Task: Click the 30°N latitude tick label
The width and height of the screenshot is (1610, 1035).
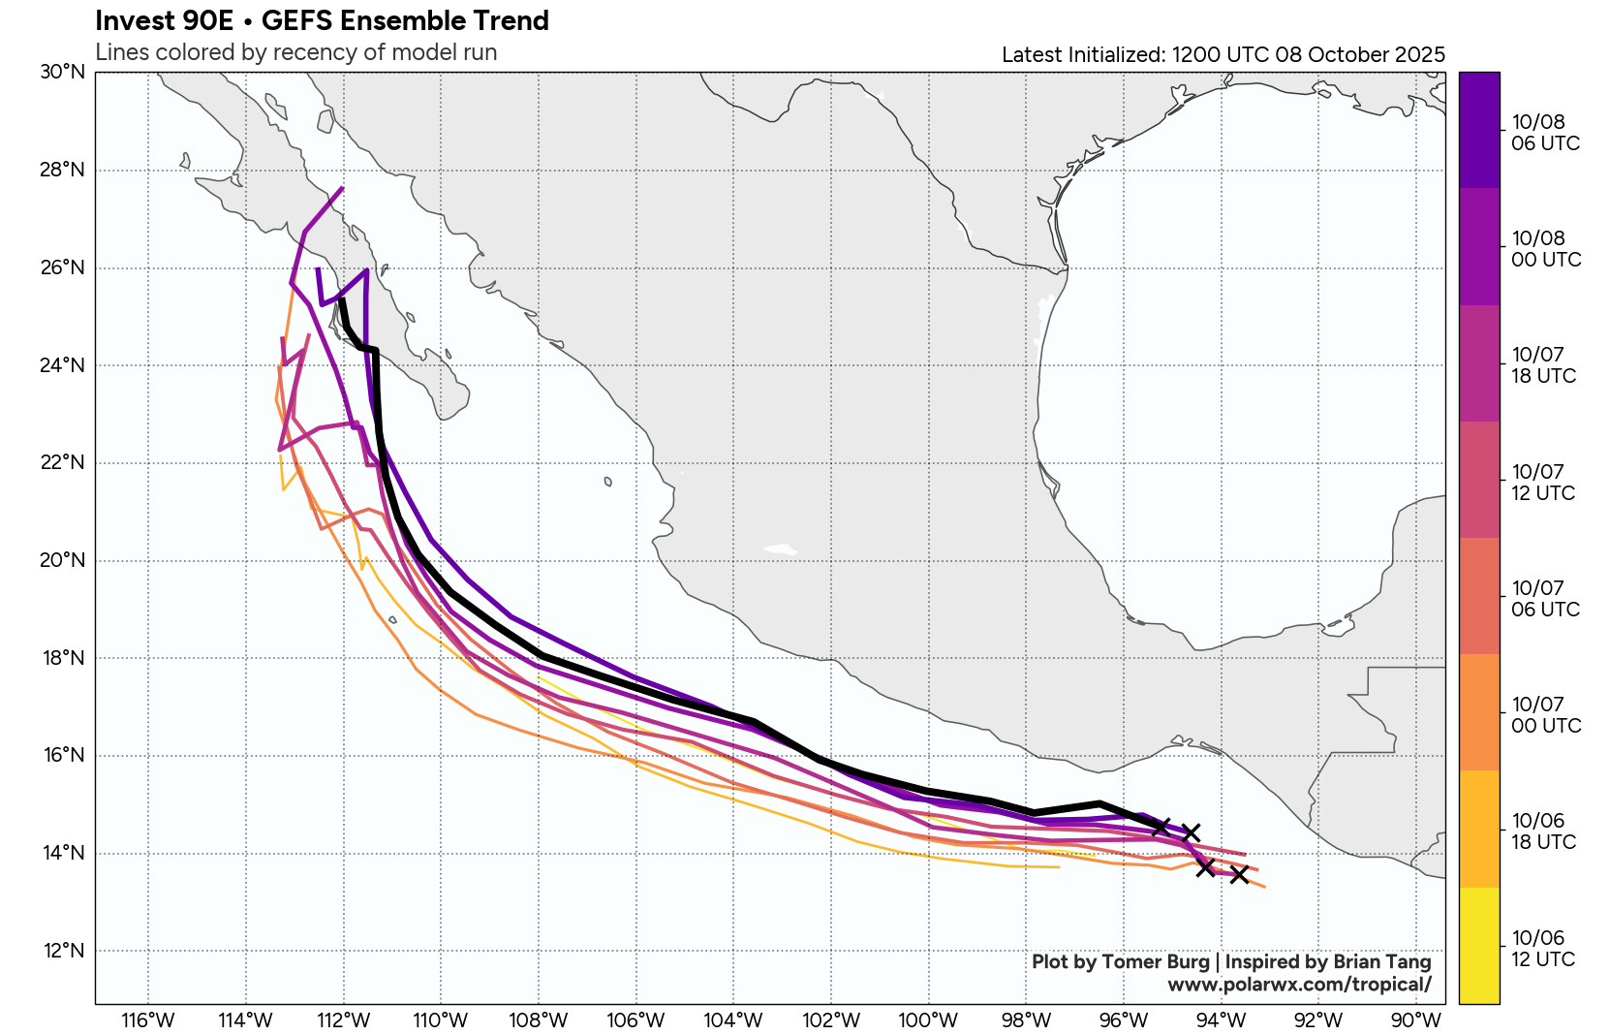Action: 63,73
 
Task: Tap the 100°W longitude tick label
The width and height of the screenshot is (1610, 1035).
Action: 928,1019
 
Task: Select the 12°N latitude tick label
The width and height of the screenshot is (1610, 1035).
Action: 63,951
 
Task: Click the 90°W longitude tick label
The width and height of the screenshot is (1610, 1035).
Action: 1416,1019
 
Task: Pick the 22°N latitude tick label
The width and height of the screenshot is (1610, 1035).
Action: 63,462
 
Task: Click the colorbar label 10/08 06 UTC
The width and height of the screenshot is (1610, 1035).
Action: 1545,133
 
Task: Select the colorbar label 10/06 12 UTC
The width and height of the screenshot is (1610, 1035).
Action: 1543,949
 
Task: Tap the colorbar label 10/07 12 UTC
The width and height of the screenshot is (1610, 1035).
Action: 1543,483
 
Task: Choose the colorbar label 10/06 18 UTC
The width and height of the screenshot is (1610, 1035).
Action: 1543,831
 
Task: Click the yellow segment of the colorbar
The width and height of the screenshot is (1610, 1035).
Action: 1479,945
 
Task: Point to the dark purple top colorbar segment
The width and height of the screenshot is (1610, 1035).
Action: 1479,129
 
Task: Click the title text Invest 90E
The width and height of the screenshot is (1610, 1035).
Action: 165,20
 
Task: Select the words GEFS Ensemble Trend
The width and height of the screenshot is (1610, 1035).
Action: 405,20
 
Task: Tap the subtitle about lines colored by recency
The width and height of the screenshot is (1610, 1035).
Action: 295,52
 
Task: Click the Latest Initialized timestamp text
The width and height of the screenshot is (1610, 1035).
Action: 1223,54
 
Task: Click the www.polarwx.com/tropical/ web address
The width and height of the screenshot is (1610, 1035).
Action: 1299,985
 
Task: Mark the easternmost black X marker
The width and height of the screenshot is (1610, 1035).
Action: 1239,874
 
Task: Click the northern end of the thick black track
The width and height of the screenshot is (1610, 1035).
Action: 342,300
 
